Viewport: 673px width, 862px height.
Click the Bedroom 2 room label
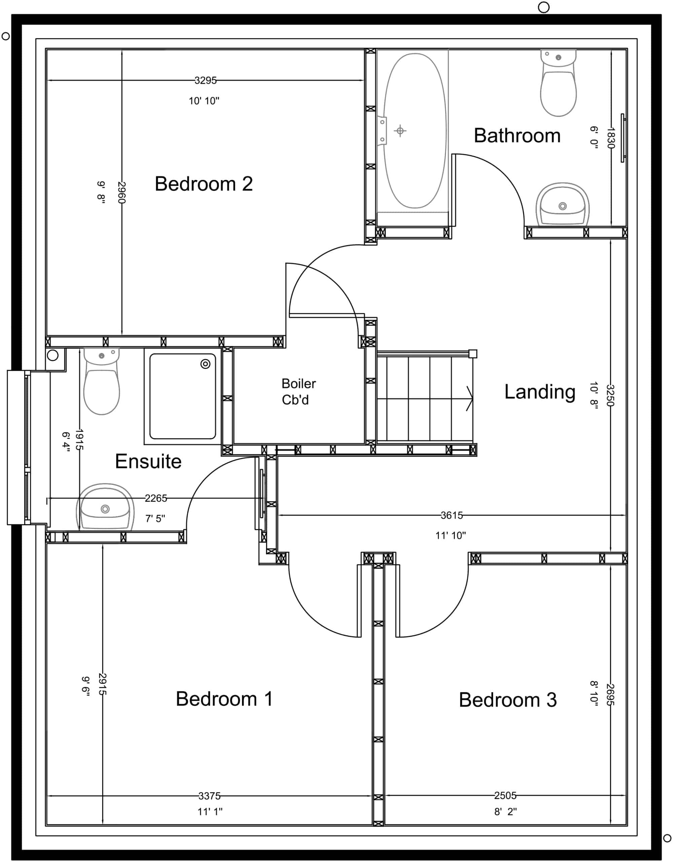[x=204, y=184]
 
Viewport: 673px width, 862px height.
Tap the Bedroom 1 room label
[x=224, y=699]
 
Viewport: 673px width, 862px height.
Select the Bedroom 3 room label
[x=508, y=700]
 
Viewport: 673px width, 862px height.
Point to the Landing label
[x=540, y=392]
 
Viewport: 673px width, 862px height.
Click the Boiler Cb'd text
[x=298, y=392]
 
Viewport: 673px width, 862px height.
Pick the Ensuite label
[x=148, y=461]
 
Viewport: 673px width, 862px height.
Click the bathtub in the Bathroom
[x=415, y=131]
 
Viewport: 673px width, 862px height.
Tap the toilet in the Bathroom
[x=558, y=83]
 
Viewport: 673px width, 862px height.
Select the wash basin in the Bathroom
[x=563, y=204]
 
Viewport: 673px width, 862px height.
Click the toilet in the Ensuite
[x=101, y=381]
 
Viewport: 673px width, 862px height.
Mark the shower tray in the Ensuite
[x=183, y=396]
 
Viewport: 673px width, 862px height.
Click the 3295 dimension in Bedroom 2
[x=206, y=80]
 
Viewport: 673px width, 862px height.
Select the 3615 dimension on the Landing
[x=452, y=515]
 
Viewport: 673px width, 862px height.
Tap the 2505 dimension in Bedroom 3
[x=505, y=795]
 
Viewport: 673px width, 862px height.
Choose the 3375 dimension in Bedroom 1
[x=210, y=796]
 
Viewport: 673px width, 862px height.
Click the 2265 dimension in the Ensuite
[x=156, y=498]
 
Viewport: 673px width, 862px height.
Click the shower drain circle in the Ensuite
[x=206, y=364]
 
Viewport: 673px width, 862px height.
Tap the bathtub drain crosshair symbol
[x=400, y=131]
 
